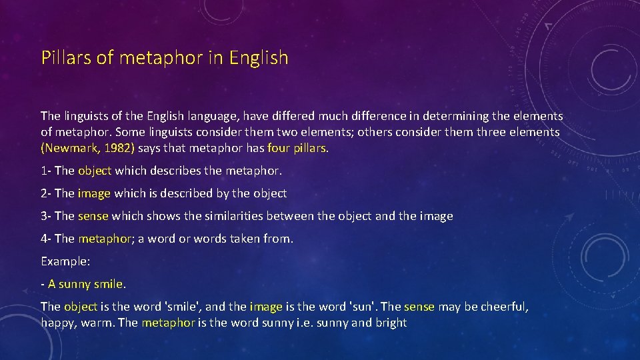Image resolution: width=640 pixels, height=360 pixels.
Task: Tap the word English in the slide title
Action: [x=259, y=58]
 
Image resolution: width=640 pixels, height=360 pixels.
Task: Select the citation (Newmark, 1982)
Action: [x=88, y=149]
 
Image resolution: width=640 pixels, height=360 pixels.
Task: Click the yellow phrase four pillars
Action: [x=297, y=149]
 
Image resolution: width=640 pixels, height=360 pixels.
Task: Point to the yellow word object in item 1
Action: [x=95, y=171]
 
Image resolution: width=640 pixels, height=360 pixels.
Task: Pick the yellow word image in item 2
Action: [x=95, y=193]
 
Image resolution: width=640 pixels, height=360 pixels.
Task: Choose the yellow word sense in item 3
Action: [x=93, y=216]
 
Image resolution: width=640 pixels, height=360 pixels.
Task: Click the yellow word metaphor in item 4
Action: [x=105, y=239]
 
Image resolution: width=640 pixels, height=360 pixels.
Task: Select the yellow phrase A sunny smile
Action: [x=86, y=284]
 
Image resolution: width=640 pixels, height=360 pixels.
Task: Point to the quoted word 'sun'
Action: [x=364, y=307]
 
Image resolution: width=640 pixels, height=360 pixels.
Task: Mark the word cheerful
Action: [x=503, y=307]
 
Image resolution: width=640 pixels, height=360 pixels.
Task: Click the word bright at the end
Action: [x=391, y=323]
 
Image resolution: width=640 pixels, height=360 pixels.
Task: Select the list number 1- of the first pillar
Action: [x=46, y=171]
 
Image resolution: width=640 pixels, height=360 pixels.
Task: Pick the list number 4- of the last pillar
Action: [x=47, y=239]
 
